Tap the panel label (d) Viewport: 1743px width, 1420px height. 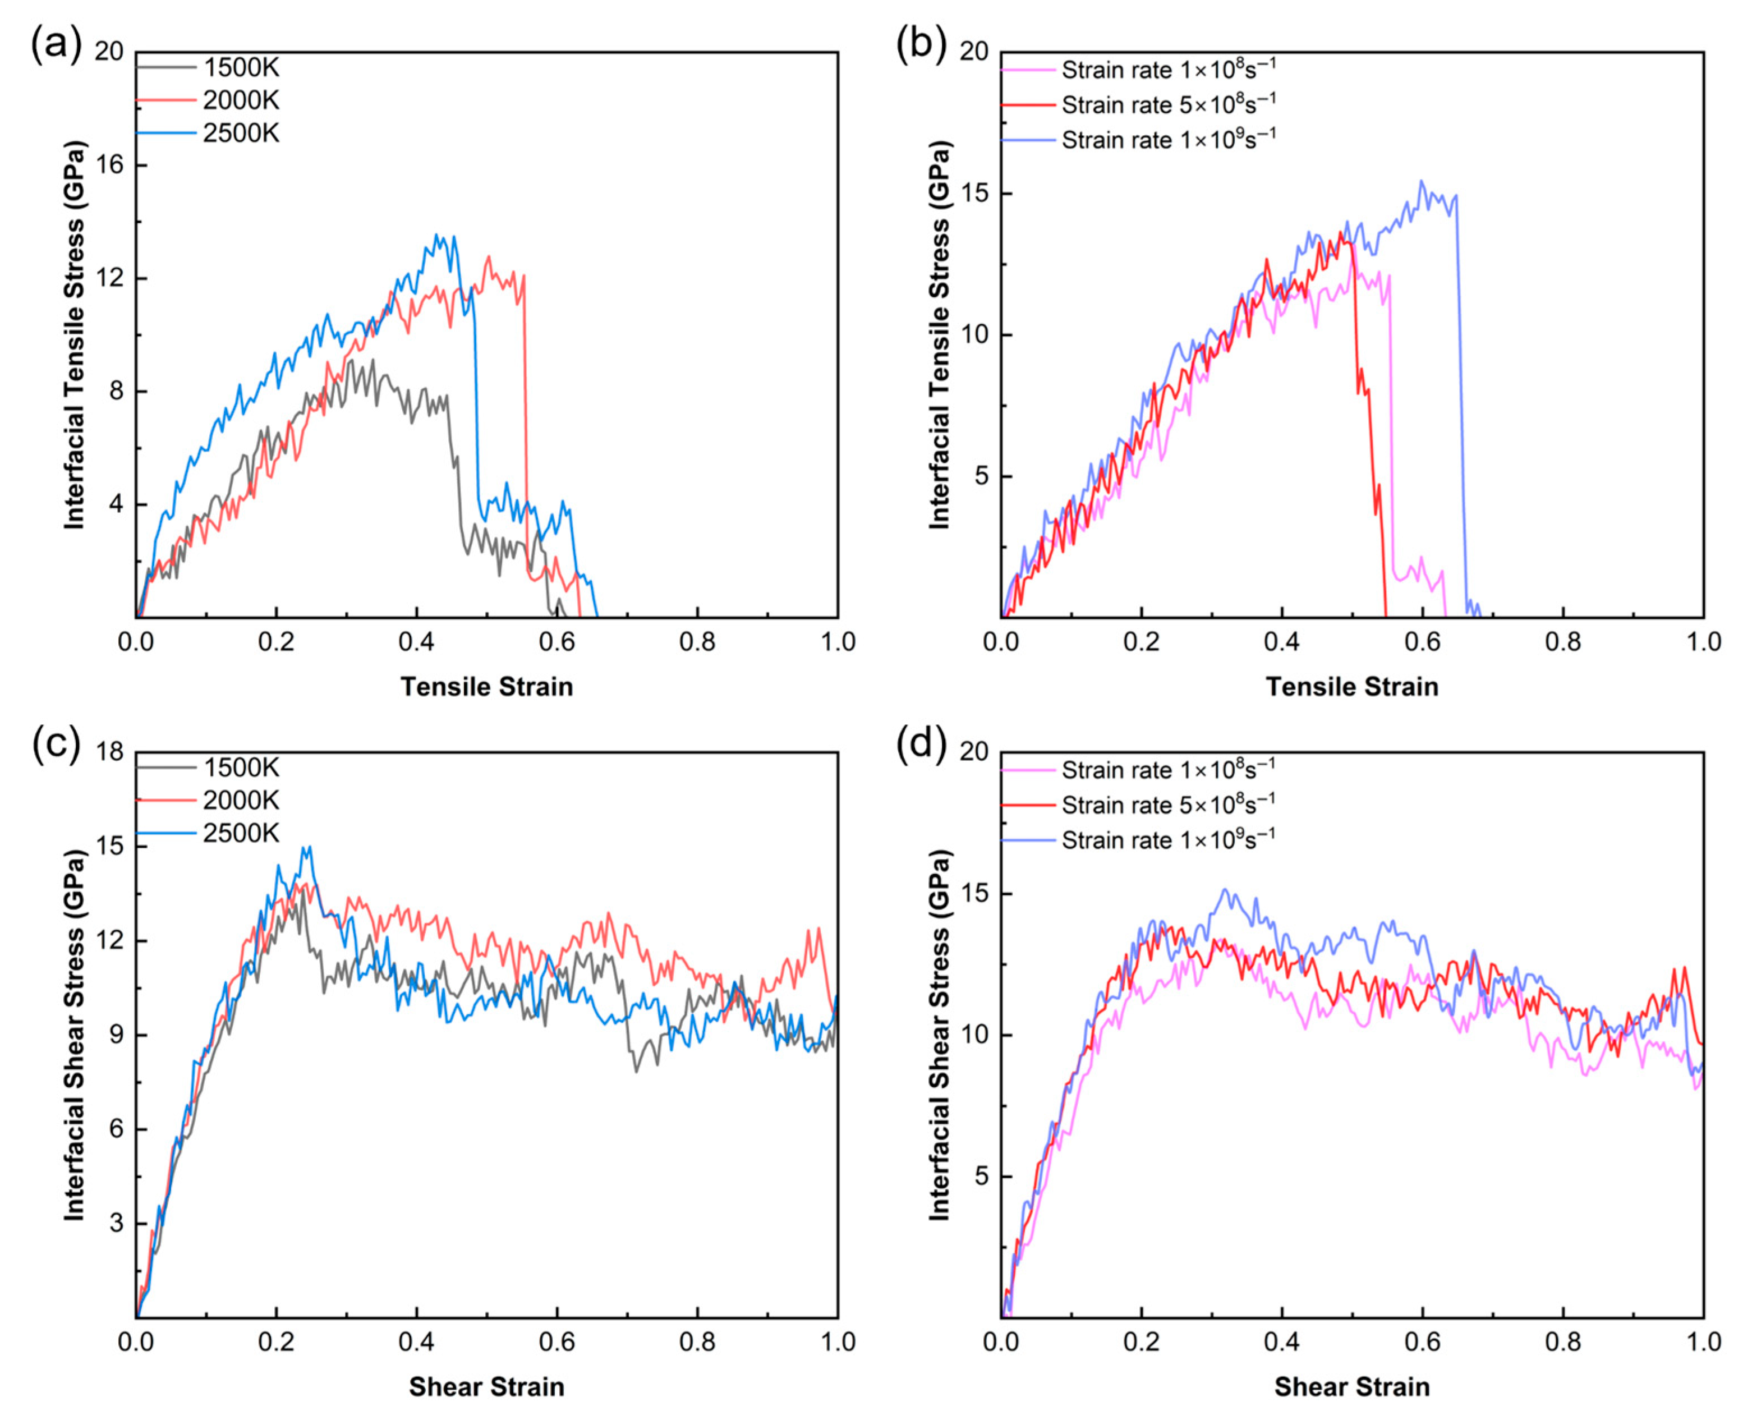click(922, 745)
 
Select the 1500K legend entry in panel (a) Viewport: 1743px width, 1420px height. click(208, 67)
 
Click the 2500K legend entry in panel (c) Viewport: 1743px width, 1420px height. click(208, 833)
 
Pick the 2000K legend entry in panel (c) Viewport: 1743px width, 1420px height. click(208, 800)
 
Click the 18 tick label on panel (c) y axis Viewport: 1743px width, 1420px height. click(109, 752)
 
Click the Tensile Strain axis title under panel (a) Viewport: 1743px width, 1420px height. click(487, 686)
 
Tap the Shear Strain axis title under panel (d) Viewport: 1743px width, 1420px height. click(1352, 1386)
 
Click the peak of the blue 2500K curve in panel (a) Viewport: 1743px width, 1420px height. click(436, 235)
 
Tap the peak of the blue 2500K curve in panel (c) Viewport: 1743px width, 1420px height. click(309, 847)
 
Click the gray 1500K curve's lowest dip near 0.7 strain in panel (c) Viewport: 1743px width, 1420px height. click(636, 1072)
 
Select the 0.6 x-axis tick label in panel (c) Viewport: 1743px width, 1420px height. click(557, 1342)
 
